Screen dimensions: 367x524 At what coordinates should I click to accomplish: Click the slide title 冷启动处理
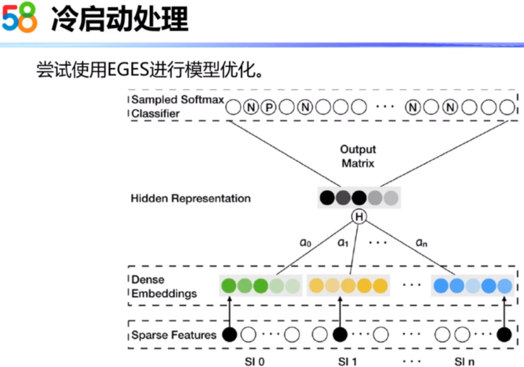[119, 20]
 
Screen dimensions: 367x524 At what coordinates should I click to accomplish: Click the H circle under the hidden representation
[360, 217]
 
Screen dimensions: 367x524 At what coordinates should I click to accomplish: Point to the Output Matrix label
[358, 156]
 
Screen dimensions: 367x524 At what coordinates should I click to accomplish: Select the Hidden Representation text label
[191, 198]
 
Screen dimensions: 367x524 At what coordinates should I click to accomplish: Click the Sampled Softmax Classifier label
[178, 107]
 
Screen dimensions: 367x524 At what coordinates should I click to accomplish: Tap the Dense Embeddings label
[164, 287]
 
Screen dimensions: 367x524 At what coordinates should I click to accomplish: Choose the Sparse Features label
[174, 335]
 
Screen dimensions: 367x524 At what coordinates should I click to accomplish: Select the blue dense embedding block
[473, 286]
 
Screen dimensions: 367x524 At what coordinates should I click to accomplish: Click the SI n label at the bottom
[465, 361]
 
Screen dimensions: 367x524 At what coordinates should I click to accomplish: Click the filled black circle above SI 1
[340, 334]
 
